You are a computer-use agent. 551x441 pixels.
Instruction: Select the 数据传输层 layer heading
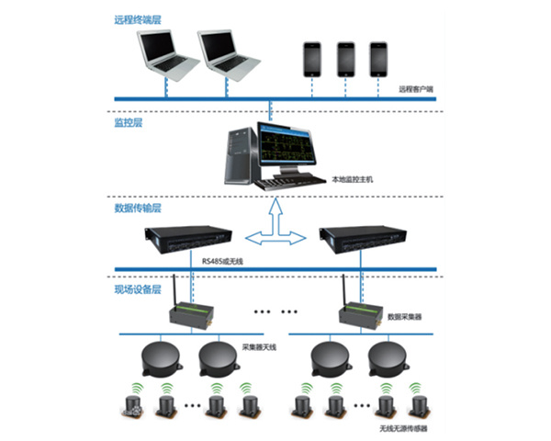click(x=136, y=208)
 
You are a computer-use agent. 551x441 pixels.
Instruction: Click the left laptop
click(x=165, y=57)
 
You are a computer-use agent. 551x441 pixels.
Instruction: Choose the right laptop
click(x=228, y=57)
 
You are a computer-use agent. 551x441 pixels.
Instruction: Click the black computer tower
click(x=240, y=156)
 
